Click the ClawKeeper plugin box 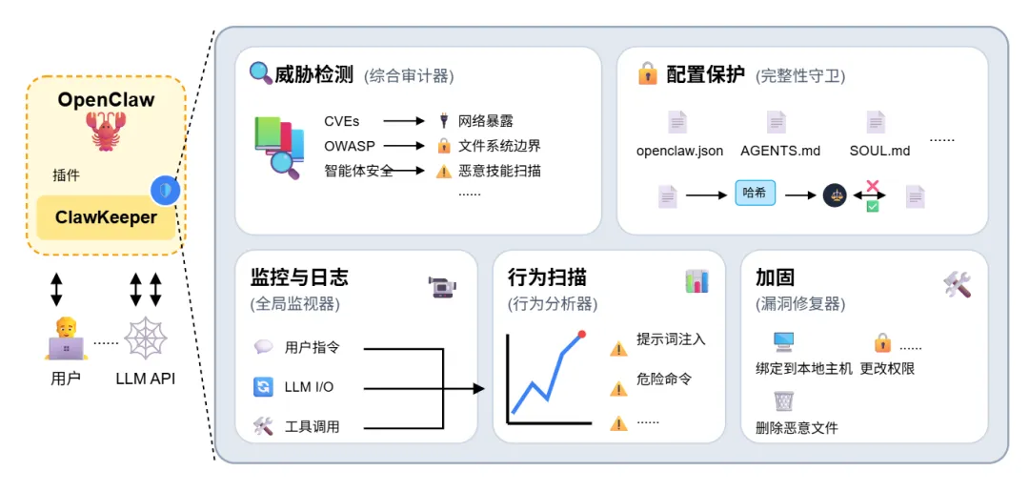[105, 217]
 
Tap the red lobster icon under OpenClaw [106, 131]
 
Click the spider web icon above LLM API [145, 338]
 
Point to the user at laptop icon [66, 338]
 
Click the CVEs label [341, 121]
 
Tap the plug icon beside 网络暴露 [443, 121]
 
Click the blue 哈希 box [755, 194]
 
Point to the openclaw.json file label [679, 151]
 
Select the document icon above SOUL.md [876, 122]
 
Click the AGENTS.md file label [780, 151]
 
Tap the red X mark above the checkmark [872, 186]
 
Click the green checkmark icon [872, 204]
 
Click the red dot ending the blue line [582, 334]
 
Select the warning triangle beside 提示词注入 [619, 348]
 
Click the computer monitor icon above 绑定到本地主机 [784, 341]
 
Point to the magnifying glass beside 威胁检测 [260, 73]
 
